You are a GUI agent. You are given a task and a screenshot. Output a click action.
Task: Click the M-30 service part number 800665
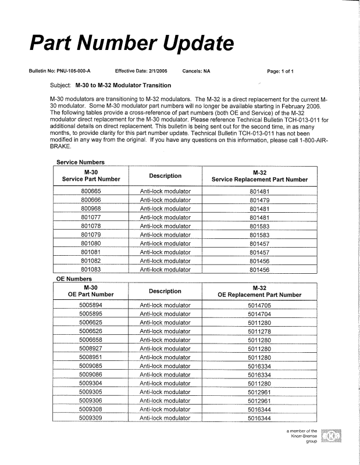point(91,191)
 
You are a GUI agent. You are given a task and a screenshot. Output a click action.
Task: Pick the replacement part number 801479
point(260,200)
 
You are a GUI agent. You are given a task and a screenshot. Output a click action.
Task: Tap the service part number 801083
point(91,270)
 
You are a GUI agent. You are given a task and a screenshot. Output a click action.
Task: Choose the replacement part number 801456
point(260,270)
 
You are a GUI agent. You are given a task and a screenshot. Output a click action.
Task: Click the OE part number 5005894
point(91,305)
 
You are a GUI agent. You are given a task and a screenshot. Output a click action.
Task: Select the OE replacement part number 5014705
point(259,305)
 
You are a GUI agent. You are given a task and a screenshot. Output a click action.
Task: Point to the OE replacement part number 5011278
point(259,331)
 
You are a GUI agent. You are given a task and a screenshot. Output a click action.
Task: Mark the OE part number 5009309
point(91,418)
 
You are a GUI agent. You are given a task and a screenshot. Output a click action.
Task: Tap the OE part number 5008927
point(91,349)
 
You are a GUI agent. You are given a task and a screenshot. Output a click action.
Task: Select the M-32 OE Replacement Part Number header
point(259,291)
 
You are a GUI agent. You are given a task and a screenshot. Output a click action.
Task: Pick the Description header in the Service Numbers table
point(165,176)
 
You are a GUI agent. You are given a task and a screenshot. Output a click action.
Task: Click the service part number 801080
point(91,244)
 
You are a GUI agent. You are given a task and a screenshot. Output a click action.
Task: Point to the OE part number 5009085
point(91,366)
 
